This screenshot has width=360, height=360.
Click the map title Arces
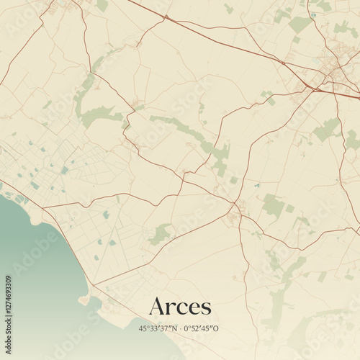(180, 306)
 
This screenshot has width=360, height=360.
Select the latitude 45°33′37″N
(159, 329)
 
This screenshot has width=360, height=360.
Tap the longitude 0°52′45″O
(202, 329)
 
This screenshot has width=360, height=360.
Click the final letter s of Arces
(207, 308)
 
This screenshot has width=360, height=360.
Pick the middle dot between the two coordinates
(181, 329)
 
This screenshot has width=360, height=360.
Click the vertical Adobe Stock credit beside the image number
(8, 252)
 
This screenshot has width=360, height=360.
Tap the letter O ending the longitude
(216, 329)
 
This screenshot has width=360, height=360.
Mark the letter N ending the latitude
(175, 329)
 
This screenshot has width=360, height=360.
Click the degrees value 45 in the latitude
(144, 329)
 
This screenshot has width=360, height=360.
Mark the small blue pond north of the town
(315, 12)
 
